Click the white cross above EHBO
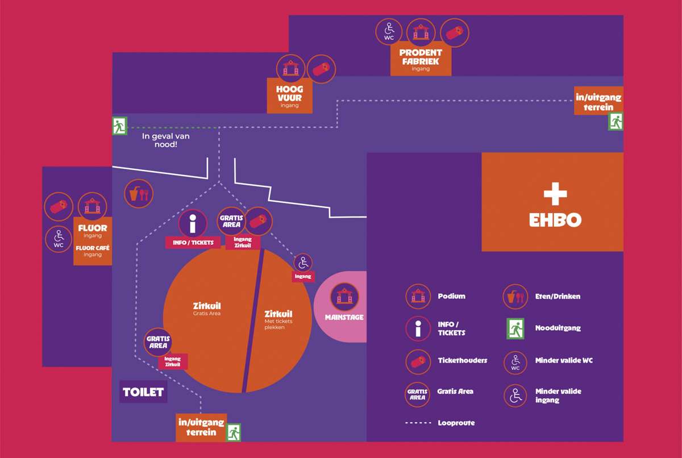pyautogui.click(x=555, y=194)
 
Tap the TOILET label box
pyautogui.click(x=143, y=392)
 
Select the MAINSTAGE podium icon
pyautogui.click(x=344, y=297)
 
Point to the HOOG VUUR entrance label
pyautogui.click(x=289, y=95)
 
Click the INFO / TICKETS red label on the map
pyautogui.click(x=193, y=243)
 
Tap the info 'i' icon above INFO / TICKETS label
pyautogui.click(x=193, y=224)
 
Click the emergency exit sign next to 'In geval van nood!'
pyautogui.click(x=119, y=126)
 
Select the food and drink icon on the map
pyautogui.click(x=139, y=194)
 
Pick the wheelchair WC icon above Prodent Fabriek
pyautogui.click(x=389, y=32)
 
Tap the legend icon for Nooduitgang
pyautogui.click(x=515, y=328)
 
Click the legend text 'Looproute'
pyautogui.click(x=456, y=423)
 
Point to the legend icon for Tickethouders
pyautogui.click(x=418, y=361)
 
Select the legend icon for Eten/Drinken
pyautogui.click(x=515, y=297)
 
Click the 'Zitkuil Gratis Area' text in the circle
pyautogui.click(x=207, y=309)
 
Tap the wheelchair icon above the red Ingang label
pyautogui.click(x=303, y=263)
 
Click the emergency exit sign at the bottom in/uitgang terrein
pyautogui.click(x=234, y=432)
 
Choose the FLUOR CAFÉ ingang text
pyautogui.click(x=93, y=251)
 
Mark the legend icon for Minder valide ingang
pyautogui.click(x=515, y=395)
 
